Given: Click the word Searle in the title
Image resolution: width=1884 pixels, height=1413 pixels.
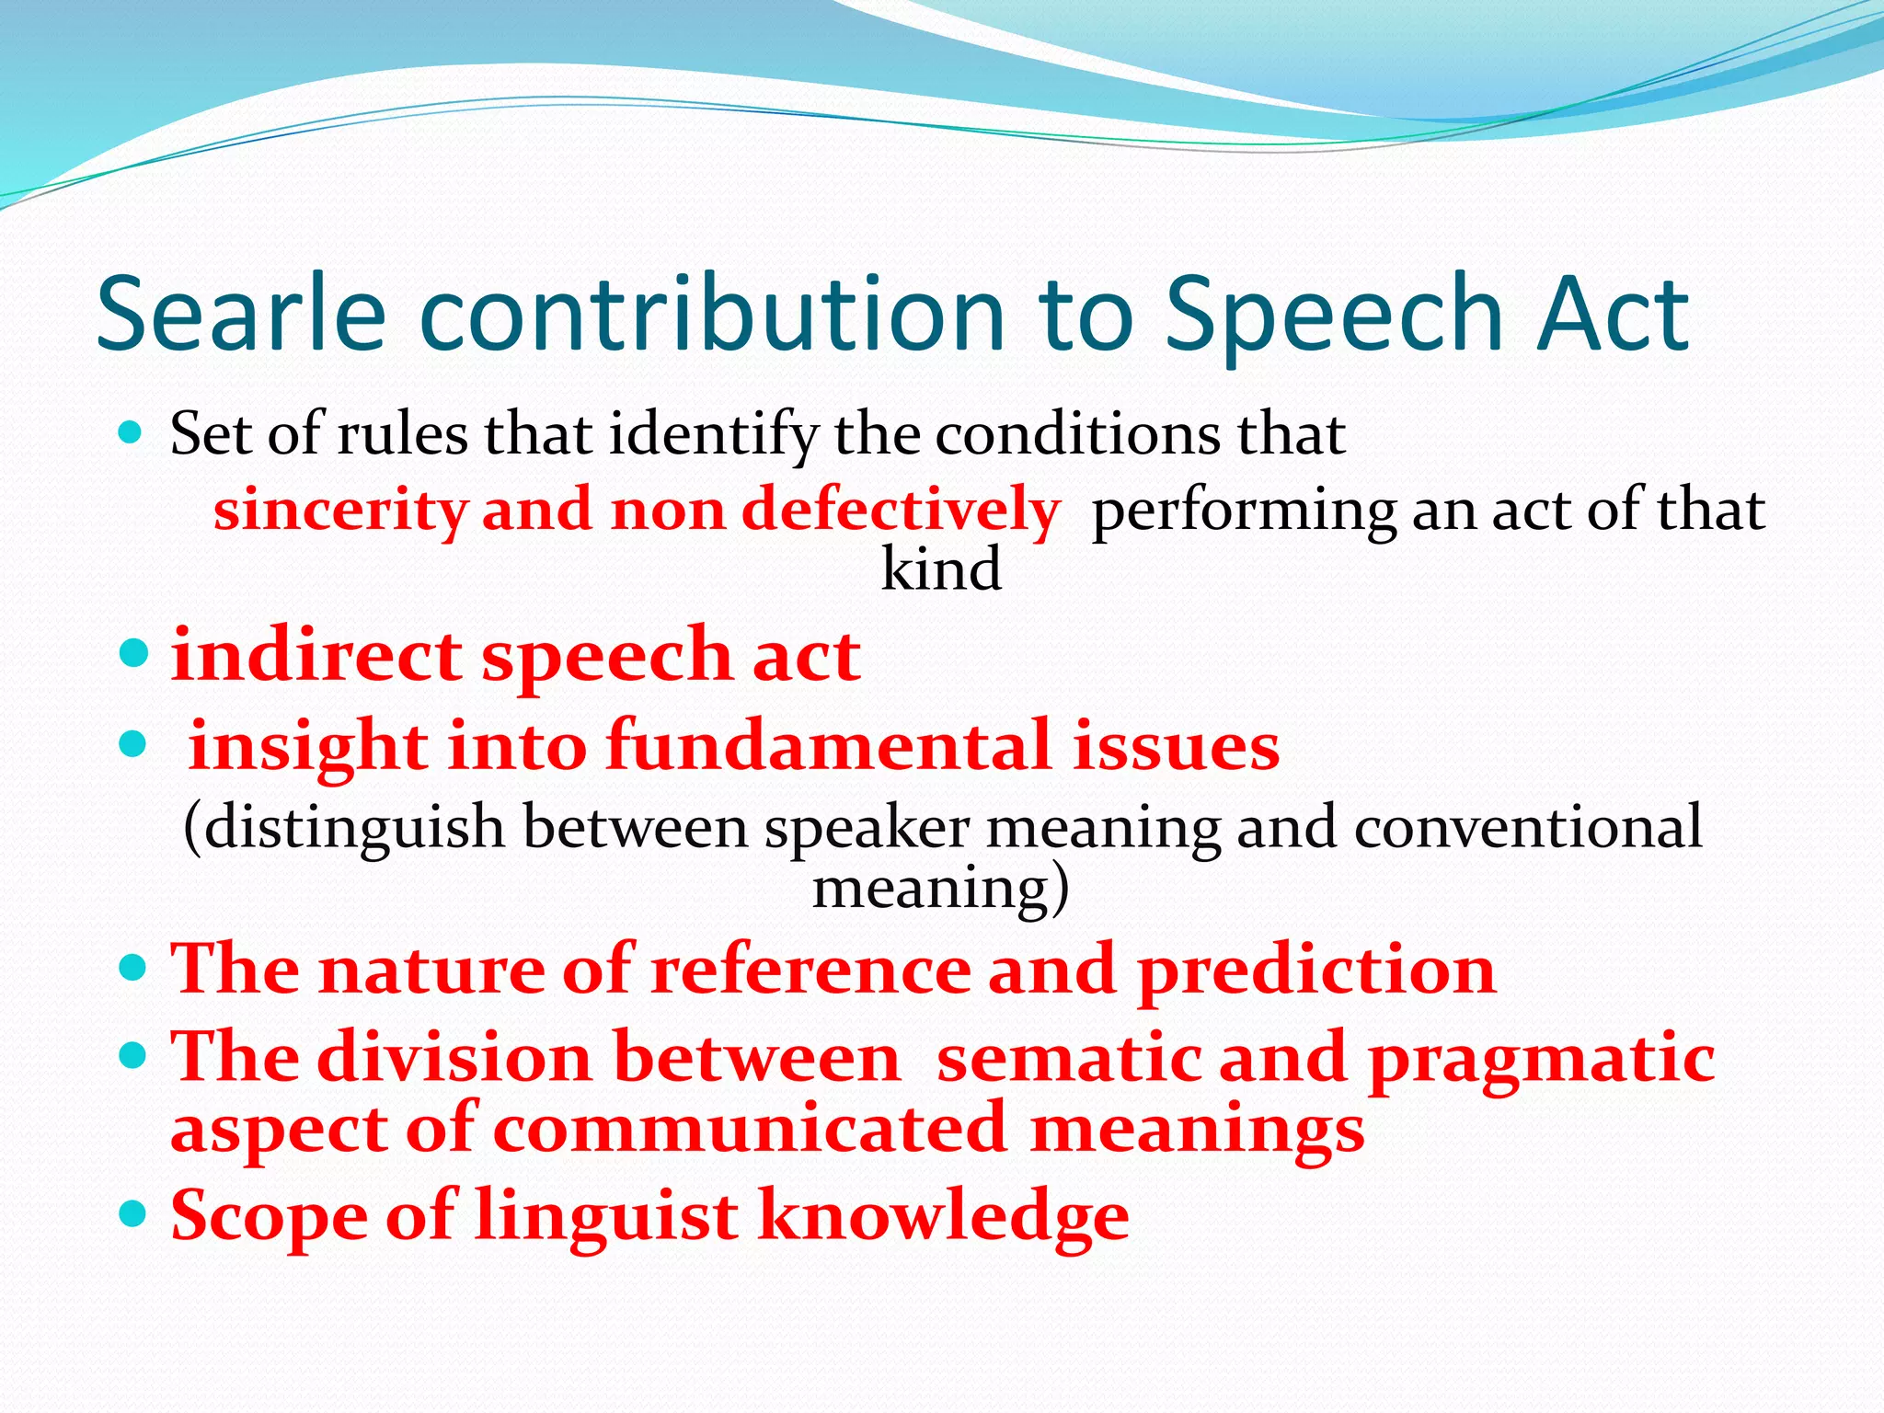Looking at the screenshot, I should [x=241, y=315].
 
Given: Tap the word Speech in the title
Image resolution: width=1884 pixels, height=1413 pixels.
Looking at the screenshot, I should [x=1335, y=315].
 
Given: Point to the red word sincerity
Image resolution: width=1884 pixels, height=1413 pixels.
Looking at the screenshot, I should [x=339, y=511].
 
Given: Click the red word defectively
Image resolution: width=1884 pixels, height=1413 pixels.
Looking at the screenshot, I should [x=901, y=511].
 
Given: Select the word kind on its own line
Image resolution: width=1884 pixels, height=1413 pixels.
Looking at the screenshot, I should [x=941, y=569].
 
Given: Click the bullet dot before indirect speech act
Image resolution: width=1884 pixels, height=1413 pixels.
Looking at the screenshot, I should [x=133, y=654].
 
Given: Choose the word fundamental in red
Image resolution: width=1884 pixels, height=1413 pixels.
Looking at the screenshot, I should [x=828, y=744].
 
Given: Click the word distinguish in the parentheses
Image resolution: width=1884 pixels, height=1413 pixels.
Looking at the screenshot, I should [x=354, y=827].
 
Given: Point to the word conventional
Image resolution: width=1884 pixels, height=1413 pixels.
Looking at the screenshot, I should [x=1528, y=827].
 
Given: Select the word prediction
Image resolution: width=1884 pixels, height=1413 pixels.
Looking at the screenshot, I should [x=1316, y=970].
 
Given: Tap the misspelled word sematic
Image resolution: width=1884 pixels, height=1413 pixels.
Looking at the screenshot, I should [x=1068, y=1057].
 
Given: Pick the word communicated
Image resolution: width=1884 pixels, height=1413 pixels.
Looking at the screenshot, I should [x=750, y=1130].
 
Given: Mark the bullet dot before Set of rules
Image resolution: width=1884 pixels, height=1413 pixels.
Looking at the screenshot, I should [x=132, y=431].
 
